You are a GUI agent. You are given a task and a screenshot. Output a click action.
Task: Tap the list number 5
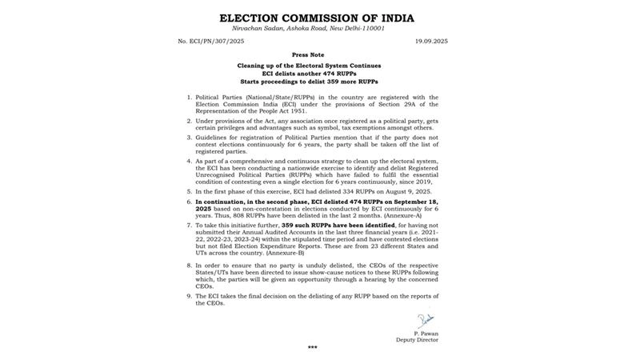coord(190,192)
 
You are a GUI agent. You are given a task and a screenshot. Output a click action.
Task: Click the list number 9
coord(190,295)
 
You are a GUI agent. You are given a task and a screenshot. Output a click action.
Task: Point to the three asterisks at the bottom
coord(312,349)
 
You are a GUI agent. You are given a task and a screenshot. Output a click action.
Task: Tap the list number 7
coord(190,226)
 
